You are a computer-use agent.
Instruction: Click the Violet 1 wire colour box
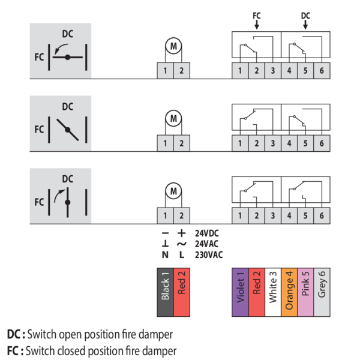coord(240,292)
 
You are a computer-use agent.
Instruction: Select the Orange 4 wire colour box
coord(289,292)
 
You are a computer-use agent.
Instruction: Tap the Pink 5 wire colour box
coord(305,292)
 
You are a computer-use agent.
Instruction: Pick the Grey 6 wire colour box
coord(322,292)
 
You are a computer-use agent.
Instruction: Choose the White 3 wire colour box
coord(273,292)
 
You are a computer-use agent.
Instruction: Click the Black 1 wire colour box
coord(166,292)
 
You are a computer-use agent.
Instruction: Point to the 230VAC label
coord(208,254)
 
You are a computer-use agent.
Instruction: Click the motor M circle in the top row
coord(173,46)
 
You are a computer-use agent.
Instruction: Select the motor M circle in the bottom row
coord(173,191)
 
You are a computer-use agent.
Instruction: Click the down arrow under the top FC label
coord(257,25)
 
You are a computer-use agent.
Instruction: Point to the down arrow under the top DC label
coord(305,25)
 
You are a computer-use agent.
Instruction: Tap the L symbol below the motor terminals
coord(181,254)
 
